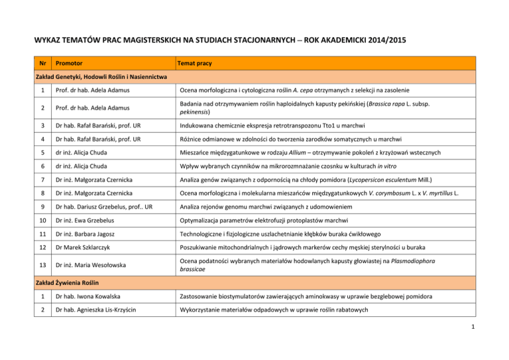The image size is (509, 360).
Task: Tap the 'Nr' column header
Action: click(x=42, y=64)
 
